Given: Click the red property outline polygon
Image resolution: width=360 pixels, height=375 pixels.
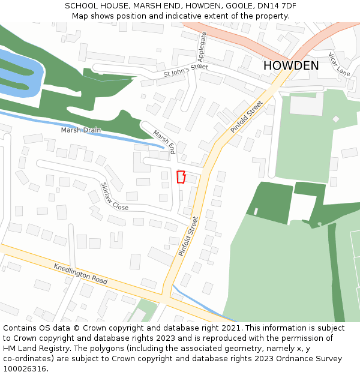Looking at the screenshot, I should point(181,177).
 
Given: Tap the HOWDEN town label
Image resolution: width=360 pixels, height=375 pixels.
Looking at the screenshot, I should point(291,65).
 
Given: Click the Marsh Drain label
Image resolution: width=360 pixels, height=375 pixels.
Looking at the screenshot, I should point(81,130).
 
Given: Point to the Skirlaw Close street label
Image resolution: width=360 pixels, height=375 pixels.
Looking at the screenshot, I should point(114,196).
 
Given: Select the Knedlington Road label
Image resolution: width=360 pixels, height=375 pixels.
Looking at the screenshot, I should point(80,274).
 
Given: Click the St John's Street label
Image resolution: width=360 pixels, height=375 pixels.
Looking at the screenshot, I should point(185,71).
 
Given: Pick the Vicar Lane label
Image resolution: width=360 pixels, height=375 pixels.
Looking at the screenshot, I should point(339,64).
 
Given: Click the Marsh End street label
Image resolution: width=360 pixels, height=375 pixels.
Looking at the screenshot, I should point(163,142).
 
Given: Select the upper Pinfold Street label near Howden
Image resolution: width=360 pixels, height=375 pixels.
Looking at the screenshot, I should point(247,116).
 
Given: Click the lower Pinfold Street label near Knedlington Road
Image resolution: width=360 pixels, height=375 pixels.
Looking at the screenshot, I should point(188,236).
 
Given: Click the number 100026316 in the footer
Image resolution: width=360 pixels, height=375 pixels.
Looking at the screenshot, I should point(24,369).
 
